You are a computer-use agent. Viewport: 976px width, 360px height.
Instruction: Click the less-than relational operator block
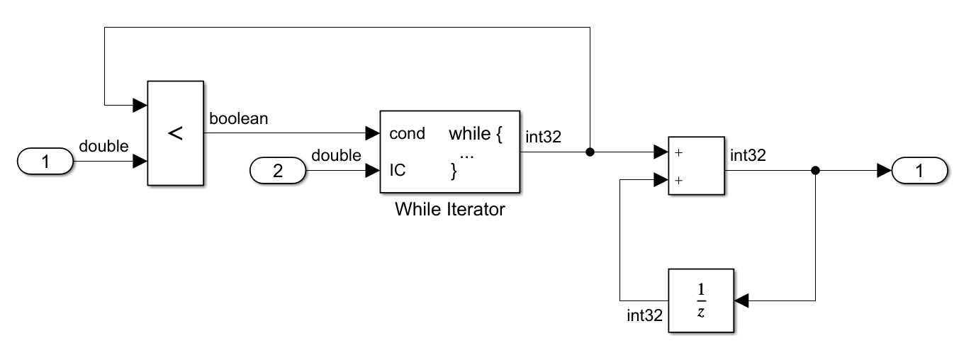pos(175,133)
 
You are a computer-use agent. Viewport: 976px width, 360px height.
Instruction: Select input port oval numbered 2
pos(278,171)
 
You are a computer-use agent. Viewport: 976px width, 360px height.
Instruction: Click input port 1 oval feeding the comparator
pos(45,162)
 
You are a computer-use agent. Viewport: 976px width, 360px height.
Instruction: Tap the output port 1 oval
pos(919,170)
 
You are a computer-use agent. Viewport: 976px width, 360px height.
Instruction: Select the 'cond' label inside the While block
pos(407,134)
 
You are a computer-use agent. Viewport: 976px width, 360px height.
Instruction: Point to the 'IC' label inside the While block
pos(398,171)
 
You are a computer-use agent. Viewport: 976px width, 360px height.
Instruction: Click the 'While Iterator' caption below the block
pos(449,209)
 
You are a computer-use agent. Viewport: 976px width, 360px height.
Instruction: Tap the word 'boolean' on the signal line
pos(239,118)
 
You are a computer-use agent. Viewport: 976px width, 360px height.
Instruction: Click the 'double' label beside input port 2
pos(336,155)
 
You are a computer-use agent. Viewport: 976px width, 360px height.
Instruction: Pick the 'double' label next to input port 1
pos(103,147)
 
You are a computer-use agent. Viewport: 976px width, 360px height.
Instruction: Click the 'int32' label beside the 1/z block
pos(644,315)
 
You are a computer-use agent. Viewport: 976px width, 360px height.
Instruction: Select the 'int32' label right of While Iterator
pos(543,137)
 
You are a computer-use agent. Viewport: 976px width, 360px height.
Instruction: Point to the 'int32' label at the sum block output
pos(748,155)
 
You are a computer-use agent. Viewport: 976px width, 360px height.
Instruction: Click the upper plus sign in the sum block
pos(678,152)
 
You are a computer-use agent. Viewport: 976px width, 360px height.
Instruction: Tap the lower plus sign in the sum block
pos(678,180)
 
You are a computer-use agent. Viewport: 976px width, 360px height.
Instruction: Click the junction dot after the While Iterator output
pos(590,152)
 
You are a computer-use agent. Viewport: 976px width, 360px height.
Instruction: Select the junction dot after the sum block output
pos(816,170)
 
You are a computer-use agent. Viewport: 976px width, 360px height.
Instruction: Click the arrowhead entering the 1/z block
pos(741,301)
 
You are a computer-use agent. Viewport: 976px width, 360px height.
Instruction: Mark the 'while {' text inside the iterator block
pos(475,134)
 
